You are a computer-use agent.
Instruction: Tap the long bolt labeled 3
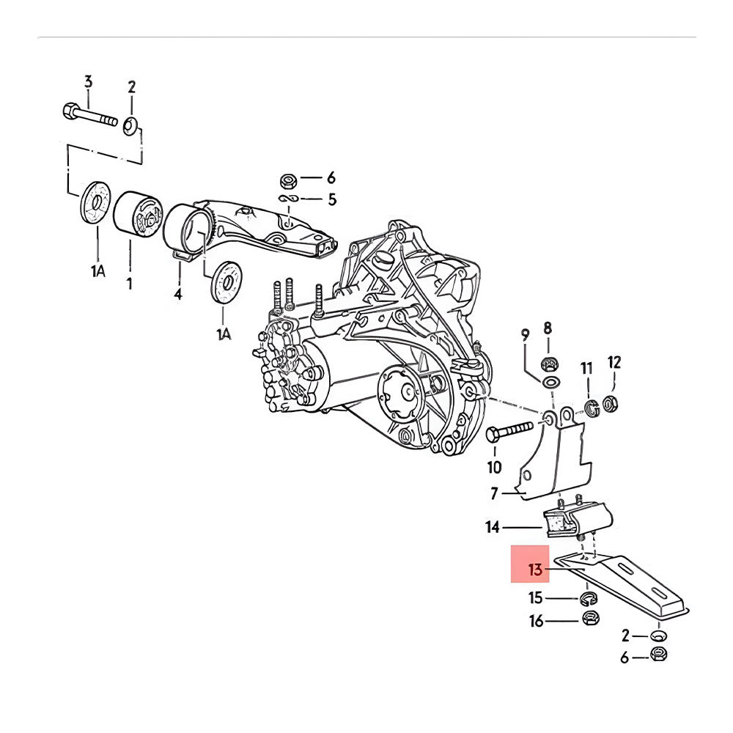91,115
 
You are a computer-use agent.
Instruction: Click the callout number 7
494,494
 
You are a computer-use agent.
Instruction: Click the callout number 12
614,361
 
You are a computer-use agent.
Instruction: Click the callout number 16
537,622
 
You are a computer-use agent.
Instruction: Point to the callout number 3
88,81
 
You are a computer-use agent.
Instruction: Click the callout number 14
493,526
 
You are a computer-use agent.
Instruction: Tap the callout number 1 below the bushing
130,282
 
